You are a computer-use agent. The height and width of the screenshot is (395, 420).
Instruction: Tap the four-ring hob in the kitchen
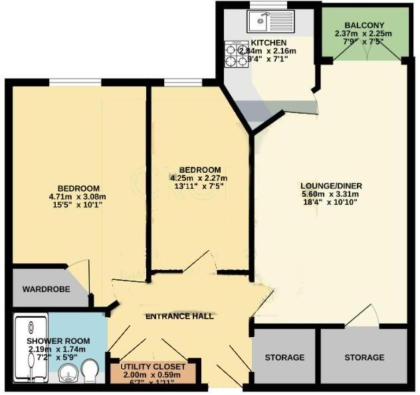233,54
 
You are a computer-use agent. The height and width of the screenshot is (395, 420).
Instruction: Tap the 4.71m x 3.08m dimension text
78,196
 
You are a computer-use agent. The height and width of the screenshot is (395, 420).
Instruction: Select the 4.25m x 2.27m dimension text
199,178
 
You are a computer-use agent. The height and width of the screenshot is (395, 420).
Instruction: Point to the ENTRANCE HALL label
179,317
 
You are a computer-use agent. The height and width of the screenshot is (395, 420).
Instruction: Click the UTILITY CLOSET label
157,367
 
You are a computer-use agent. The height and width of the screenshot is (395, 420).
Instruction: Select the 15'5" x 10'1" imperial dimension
78,205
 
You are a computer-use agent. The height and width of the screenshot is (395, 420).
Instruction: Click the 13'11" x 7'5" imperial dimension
199,186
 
